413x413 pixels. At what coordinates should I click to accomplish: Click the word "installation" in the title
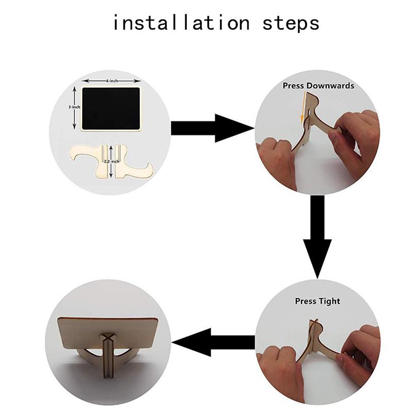[181, 23]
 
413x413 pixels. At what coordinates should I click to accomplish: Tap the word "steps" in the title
[291, 24]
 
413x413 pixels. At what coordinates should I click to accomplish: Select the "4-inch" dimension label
[112, 81]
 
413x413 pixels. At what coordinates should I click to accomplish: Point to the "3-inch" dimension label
[74, 107]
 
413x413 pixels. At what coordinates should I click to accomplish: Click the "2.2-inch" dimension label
[112, 161]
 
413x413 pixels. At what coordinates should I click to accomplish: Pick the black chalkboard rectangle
[111, 108]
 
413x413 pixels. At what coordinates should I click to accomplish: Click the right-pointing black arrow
[213, 128]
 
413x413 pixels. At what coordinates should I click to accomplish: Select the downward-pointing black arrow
[317, 237]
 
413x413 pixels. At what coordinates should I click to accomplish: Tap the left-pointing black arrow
[213, 342]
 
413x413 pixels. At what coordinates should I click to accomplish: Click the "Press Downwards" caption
[319, 86]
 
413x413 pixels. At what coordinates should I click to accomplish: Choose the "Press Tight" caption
[317, 301]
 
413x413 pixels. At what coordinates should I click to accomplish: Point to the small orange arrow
[303, 108]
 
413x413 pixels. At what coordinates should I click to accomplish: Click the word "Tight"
[329, 301]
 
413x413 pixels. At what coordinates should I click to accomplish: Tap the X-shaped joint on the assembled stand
[107, 338]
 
